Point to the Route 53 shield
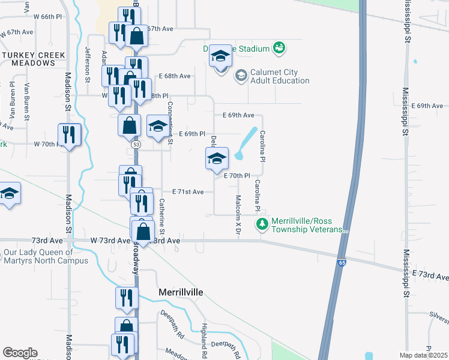136,145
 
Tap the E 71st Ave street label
192,192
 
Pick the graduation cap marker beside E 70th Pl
217,159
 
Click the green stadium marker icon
279,47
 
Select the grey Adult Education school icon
241,76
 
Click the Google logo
20,353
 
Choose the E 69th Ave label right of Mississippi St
430,106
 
